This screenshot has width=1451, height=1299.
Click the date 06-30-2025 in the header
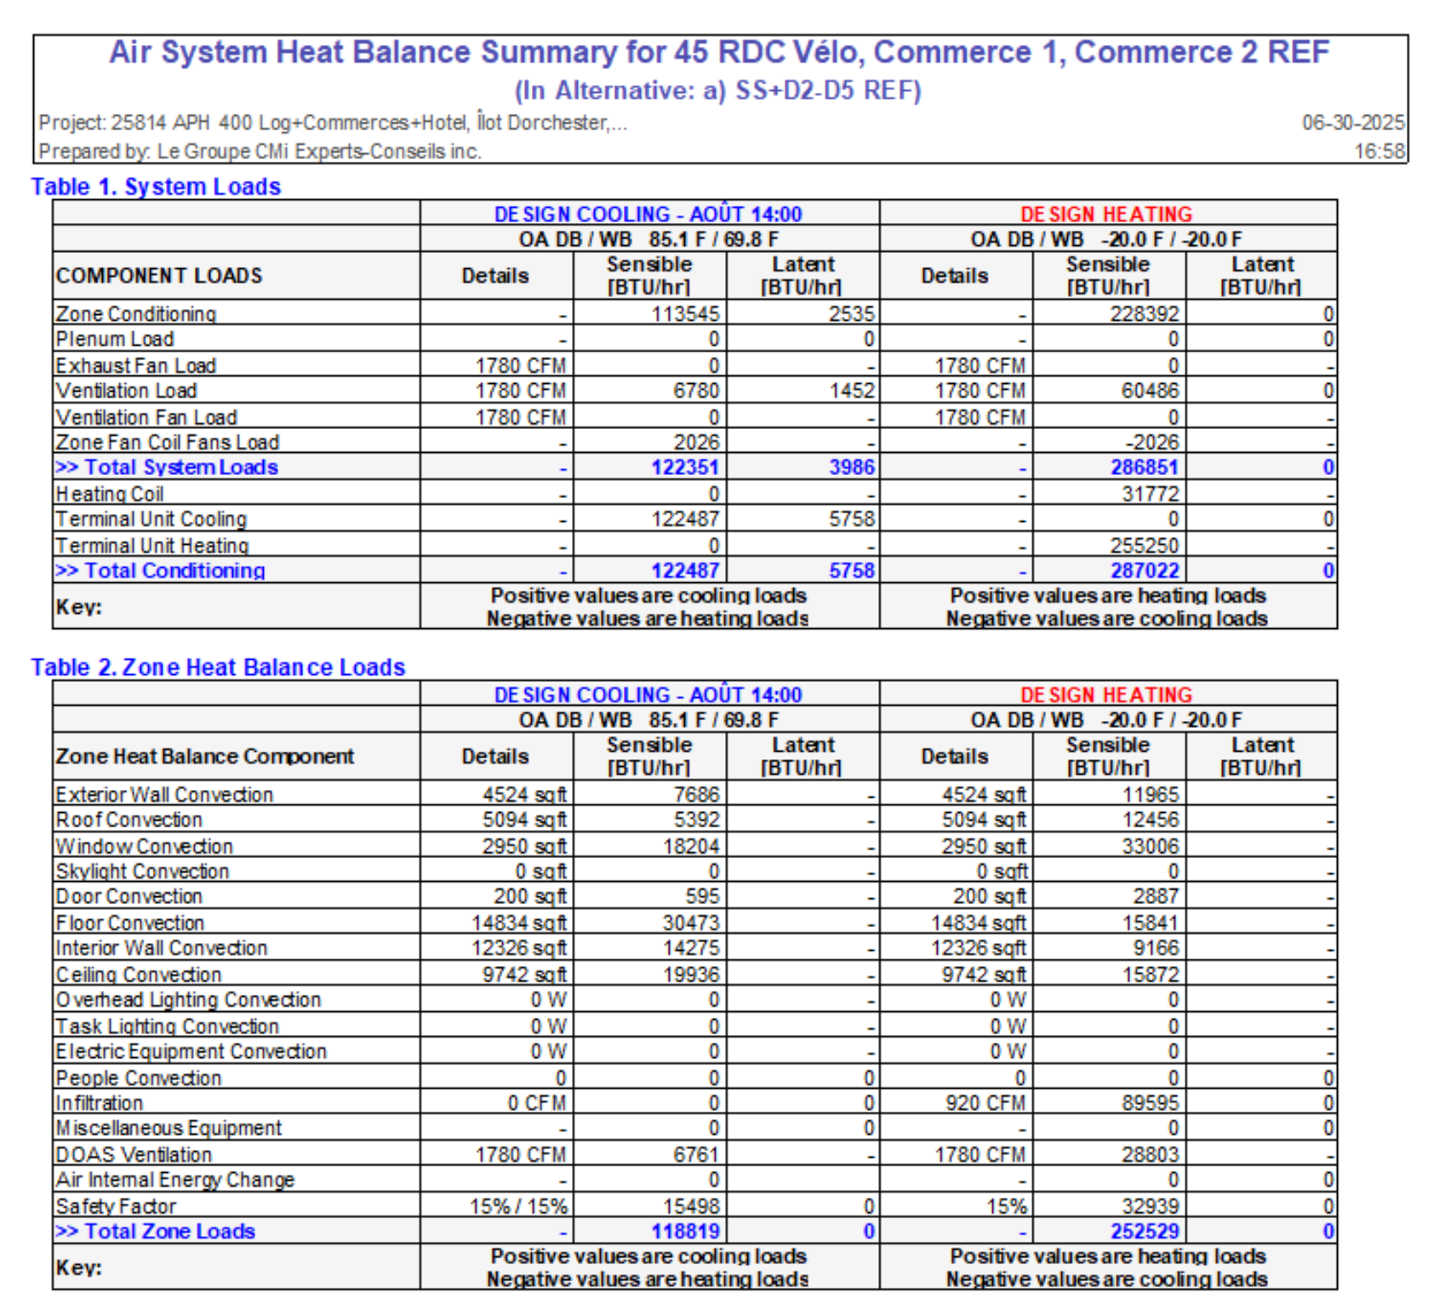[x=1352, y=123]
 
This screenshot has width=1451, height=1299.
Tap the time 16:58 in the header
[x=1380, y=152]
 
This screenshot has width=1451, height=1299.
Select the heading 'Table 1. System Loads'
[x=156, y=186]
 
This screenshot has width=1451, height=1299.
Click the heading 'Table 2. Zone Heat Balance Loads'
[x=218, y=667]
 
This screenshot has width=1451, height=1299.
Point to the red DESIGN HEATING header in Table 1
[x=1106, y=214]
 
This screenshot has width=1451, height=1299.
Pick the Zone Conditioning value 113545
[x=685, y=314]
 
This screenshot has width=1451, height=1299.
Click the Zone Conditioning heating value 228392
[x=1145, y=314]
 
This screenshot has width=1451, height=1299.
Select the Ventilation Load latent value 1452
[x=852, y=391]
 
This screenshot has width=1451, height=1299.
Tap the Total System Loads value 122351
[x=685, y=467]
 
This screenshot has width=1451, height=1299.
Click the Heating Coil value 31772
[x=1151, y=494]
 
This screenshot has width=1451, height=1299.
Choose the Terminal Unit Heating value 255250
[x=1145, y=546]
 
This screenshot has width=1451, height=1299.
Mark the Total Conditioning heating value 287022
[x=1145, y=570]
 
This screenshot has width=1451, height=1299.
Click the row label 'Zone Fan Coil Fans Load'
[x=168, y=443]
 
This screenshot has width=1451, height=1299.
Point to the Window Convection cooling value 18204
[x=691, y=846]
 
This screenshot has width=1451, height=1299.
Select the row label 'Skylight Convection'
[x=143, y=872]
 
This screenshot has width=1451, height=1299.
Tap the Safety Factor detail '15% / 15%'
[x=518, y=1206]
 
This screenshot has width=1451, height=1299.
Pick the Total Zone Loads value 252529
[x=1145, y=1232]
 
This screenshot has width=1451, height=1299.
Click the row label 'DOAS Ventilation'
[x=134, y=1155]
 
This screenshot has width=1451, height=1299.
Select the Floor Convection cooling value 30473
[x=691, y=923]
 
